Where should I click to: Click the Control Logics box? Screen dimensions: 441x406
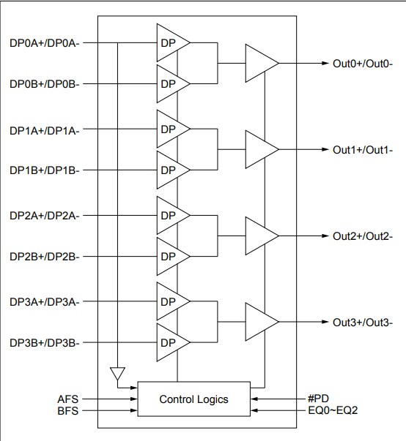(x=193, y=399)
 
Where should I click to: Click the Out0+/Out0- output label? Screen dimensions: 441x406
(x=363, y=64)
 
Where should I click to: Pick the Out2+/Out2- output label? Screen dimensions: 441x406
(x=363, y=236)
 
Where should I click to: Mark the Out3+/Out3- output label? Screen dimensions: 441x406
(x=363, y=323)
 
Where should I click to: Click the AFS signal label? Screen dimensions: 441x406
(x=67, y=399)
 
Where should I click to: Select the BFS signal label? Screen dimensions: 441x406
(x=67, y=412)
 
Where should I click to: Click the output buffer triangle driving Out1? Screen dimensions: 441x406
(x=259, y=150)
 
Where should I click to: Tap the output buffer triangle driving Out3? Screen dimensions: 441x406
(x=259, y=323)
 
